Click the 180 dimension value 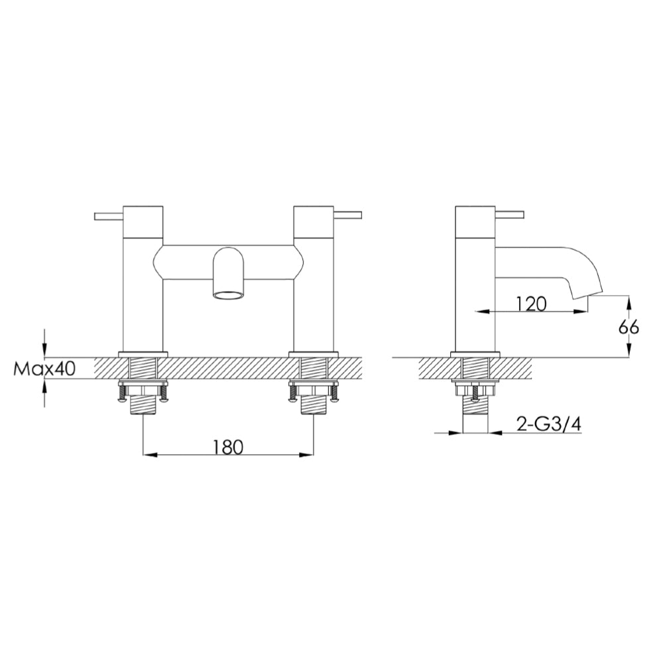[228, 447]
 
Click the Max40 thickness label [44, 369]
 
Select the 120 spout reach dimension [530, 304]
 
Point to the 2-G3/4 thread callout [548, 425]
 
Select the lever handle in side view [509, 215]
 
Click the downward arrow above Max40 [44, 350]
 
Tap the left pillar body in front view [143, 292]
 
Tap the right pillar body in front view [314, 292]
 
